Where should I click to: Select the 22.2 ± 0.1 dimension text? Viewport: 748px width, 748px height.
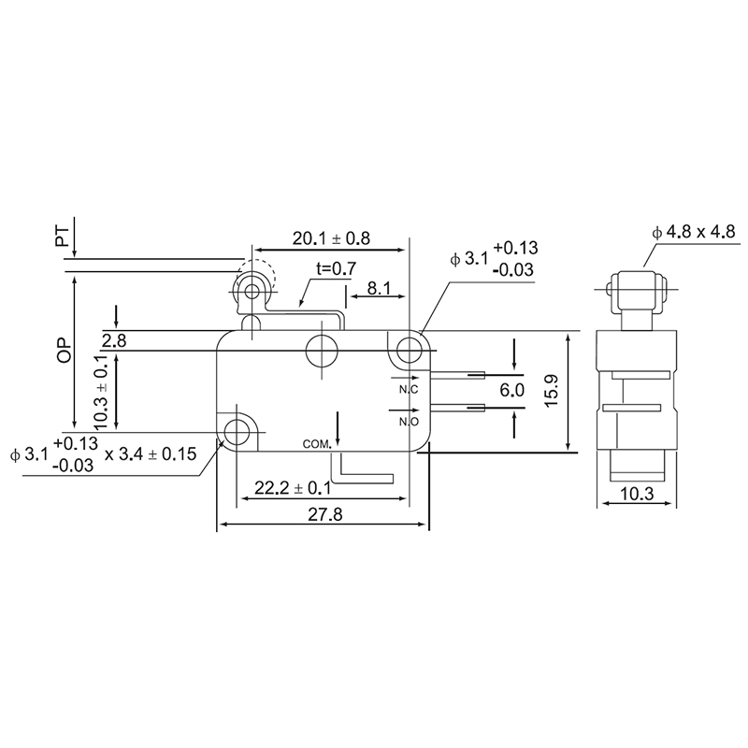[x=292, y=488]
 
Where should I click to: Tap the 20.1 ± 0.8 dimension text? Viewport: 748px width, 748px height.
[x=331, y=238]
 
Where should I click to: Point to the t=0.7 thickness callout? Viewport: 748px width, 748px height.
[x=337, y=269]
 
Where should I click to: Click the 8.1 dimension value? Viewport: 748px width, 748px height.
[x=379, y=288]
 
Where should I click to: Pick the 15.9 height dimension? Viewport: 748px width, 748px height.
[x=552, y=391]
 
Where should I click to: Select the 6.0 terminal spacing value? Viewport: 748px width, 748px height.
[x=511, y=390]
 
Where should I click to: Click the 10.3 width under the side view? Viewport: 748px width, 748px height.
[x=637, y=494]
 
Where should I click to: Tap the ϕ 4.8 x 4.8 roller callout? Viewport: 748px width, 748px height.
[x=694, y=232]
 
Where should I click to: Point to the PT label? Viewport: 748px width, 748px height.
[x=63, y=237]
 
